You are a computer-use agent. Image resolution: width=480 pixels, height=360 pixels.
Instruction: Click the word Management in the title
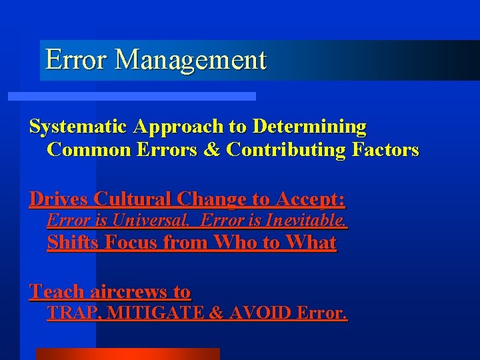191,60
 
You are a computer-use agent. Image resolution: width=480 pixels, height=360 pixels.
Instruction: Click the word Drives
59,199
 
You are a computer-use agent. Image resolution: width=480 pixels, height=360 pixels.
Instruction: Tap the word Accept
308,199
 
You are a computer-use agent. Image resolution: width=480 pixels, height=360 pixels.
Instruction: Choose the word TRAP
71,313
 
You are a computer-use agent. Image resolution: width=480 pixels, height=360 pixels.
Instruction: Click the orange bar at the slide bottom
127,354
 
